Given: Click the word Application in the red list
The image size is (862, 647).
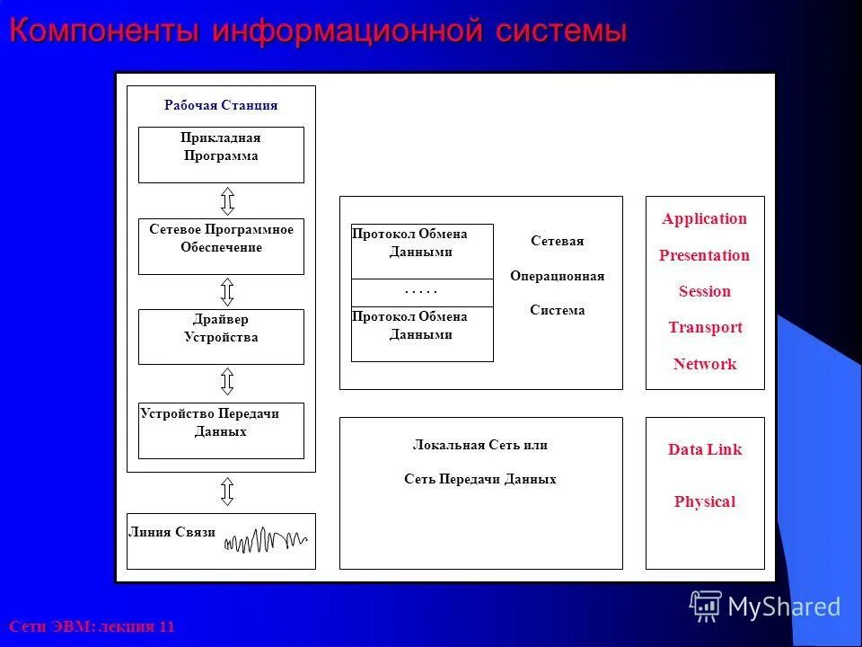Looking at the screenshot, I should pos(704,219).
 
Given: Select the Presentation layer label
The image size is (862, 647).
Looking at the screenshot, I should pos(704,255).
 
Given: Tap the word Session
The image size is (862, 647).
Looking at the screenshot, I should pos(704,291).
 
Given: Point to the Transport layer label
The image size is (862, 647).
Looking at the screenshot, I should pos(705,328).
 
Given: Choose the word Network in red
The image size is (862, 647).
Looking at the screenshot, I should pos(705,364).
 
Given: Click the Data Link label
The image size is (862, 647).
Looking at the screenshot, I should pos(705,450).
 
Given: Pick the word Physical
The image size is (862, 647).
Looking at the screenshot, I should pos(705,502).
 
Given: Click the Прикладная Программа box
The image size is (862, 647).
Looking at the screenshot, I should pos(221,155).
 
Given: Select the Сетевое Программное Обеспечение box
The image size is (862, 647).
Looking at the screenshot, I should pos(221,246).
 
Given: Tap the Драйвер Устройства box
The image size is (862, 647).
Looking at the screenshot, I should pos(221,337).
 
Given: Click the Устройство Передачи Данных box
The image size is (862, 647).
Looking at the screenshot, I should pos(221,430).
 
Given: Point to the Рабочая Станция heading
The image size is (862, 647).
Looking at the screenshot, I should pos(221,105).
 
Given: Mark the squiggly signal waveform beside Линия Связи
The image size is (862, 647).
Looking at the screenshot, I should pos(266,541).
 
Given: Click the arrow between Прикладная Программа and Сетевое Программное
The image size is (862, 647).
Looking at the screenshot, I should pos(227,200).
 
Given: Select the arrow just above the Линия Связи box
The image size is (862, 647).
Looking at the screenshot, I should pos(227,492).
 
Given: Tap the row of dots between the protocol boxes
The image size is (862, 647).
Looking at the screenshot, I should pos(421,292).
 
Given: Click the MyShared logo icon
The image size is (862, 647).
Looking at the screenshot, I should pos(706,607).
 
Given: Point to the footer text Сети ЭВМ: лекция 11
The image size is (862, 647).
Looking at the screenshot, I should pos(92,626).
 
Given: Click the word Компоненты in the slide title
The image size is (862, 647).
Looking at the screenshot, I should pos(104,31).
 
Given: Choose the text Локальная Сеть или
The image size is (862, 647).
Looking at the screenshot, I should pos(479,445).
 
